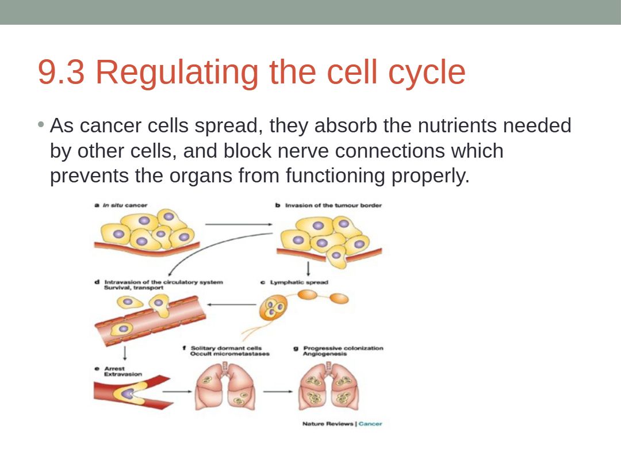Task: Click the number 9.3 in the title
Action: (x=62, y=72)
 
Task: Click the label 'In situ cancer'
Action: (x=125, y=205)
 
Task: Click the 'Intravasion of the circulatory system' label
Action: (x=163, y=282)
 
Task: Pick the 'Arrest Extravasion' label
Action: (x=122, y=371)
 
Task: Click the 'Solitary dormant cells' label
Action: (x=226, y=348)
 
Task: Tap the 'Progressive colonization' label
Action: (x=343, y=348)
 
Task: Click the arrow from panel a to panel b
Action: (x=239, y=224)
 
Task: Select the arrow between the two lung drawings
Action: (x=278, y=391)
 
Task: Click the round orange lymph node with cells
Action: (x=273, y=309)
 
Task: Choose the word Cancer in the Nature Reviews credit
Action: (x=370, y=424)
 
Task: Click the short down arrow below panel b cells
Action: (x=308, y=269)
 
